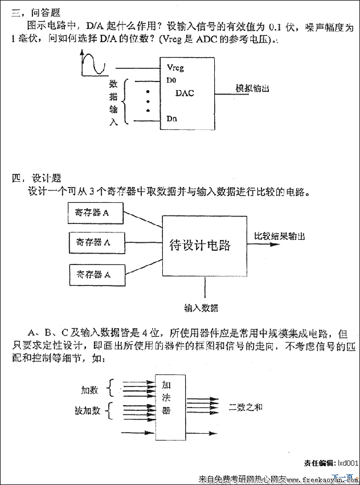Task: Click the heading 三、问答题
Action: tap(36, 12)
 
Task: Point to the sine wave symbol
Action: tap(94, 63)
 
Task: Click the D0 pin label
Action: tap(171, 80)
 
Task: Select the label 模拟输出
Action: tap(252, 88)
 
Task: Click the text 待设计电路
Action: tap(201, 246)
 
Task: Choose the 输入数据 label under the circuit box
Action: tap(201, 308)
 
